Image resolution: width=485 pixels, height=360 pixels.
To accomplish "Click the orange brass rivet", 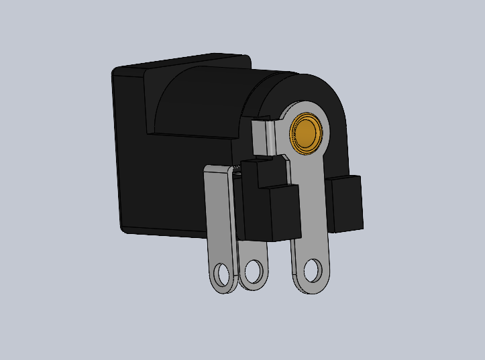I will coord(307,133).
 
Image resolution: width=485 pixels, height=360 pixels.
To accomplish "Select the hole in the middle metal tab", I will coord(254,272).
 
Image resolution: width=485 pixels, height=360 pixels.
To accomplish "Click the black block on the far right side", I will coord(346,202).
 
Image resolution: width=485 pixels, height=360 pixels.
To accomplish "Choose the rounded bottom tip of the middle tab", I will coord(254,287).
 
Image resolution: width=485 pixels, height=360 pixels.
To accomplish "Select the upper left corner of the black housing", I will coord(115,70).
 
